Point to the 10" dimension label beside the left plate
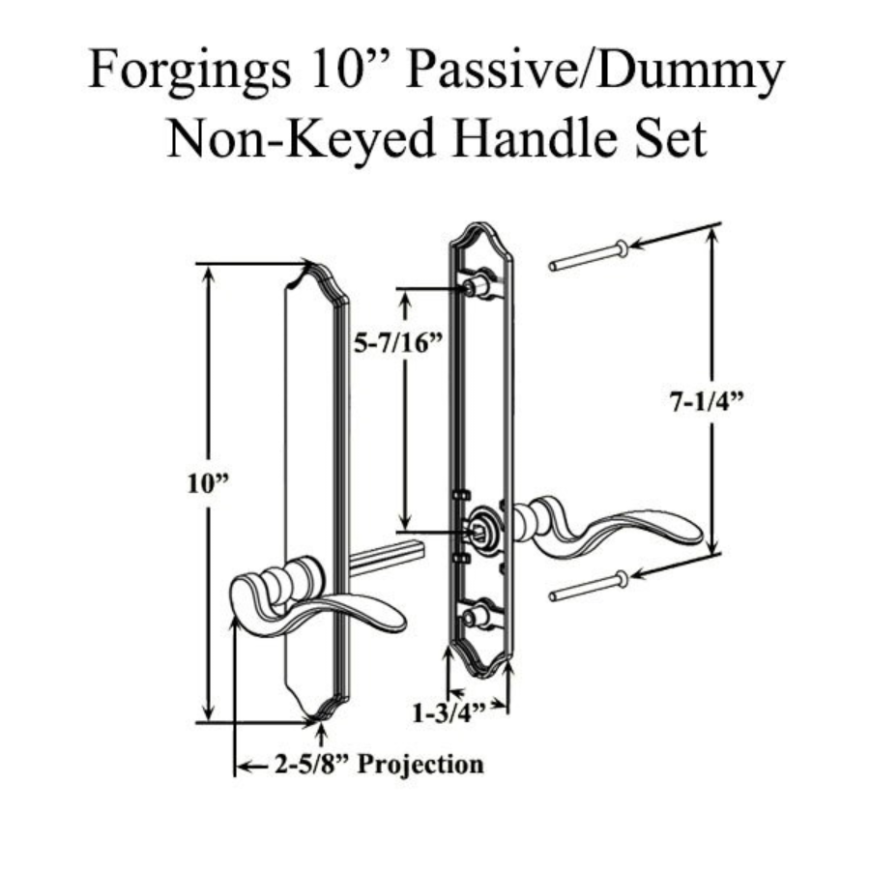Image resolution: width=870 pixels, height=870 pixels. [x=205, y=483]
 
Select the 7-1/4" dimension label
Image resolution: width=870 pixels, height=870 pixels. [x=706, y=405]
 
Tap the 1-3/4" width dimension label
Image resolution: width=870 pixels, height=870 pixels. [x=447, y=715]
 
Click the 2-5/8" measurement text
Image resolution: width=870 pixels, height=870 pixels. [x=313, y=766]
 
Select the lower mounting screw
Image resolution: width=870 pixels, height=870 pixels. [x=589, y=585]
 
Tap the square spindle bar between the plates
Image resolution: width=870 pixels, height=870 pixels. [x=387, y=559]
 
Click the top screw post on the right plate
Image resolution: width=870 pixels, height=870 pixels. [x=477, y=286]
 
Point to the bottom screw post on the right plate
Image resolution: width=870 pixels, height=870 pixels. [x=476, y=615]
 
